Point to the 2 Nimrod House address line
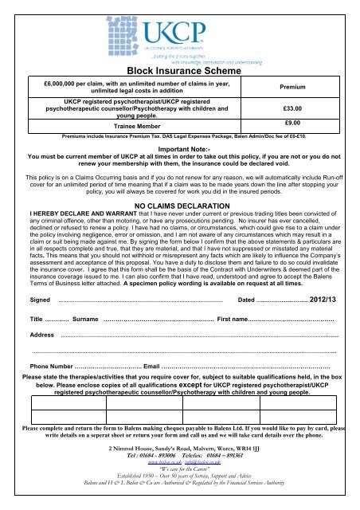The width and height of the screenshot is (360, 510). coord(180,468)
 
